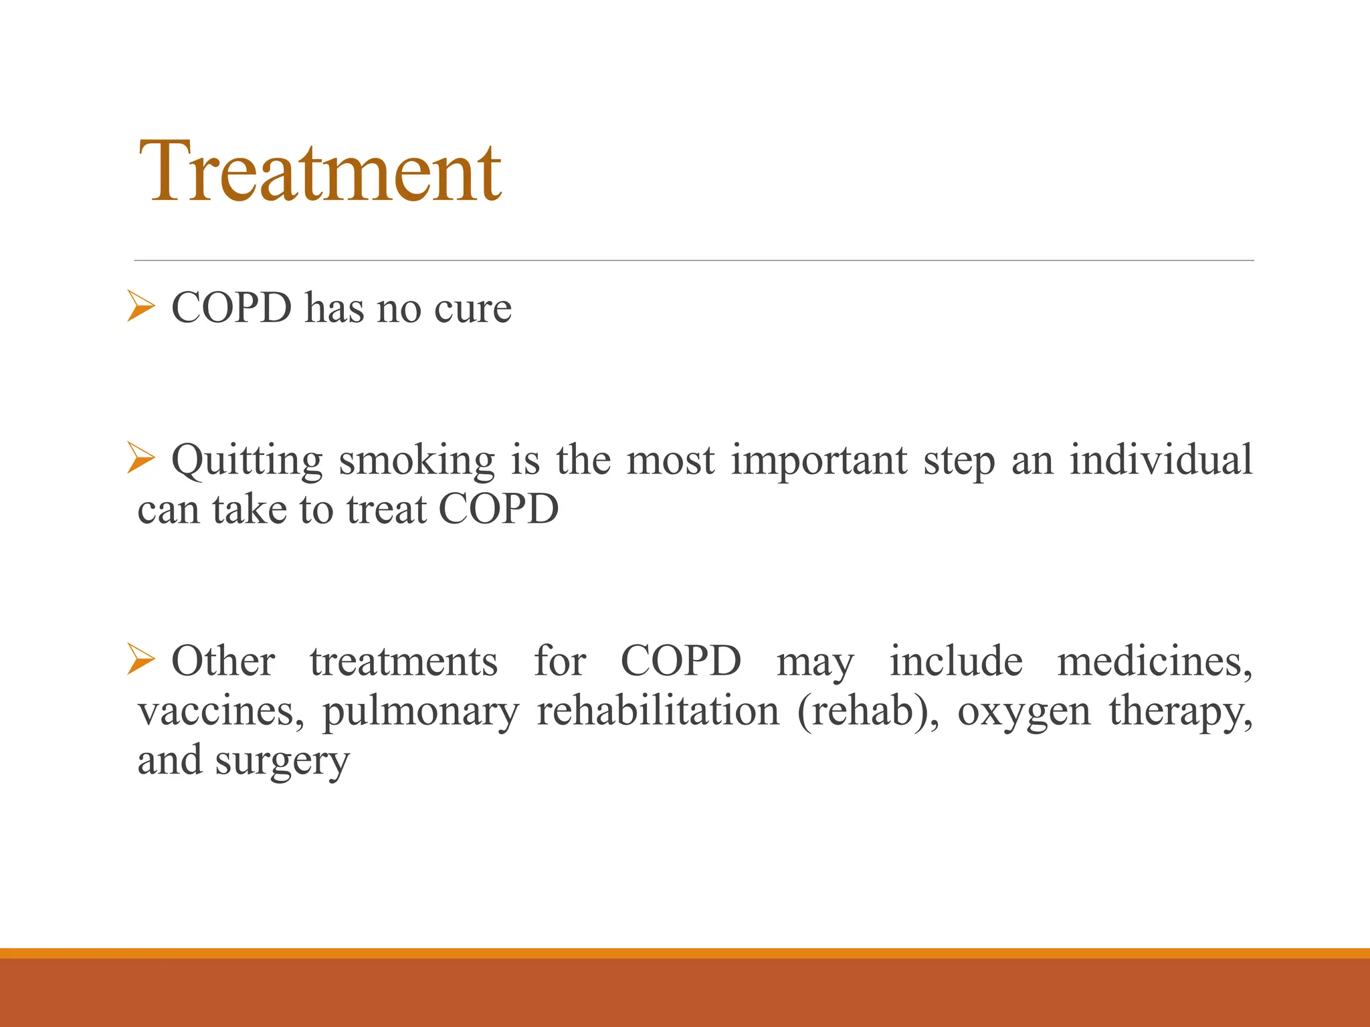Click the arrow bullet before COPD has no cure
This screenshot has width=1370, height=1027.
(140, 308)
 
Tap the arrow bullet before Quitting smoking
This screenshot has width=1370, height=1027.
(140, 460)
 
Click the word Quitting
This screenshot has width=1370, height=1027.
(247, 461)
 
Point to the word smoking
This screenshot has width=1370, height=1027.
(417, 461)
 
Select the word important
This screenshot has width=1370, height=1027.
(819, 461)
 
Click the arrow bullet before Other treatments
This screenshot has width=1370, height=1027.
(140, 659)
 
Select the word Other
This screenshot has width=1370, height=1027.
(223, 661)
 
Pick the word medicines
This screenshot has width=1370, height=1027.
(1155, 661)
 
